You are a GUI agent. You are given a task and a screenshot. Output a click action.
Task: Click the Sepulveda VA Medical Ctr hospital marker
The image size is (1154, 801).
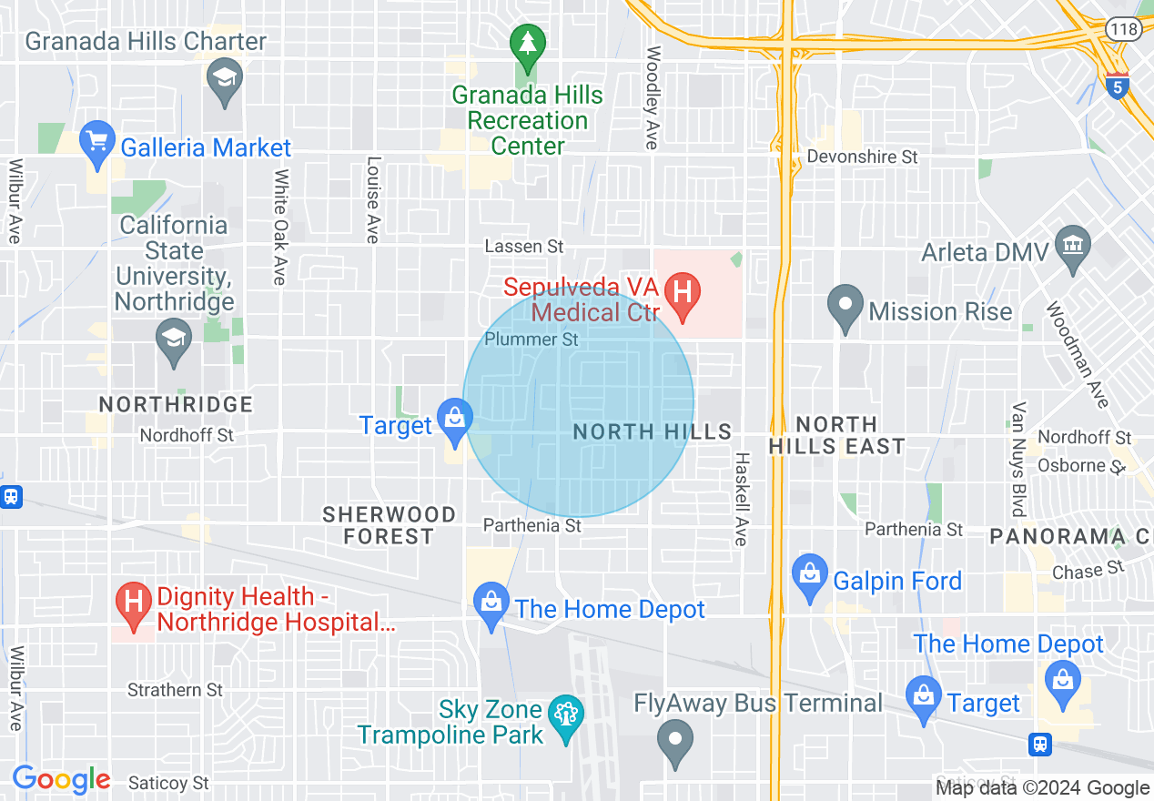682,294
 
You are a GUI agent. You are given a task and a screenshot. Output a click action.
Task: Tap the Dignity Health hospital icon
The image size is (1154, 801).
135,603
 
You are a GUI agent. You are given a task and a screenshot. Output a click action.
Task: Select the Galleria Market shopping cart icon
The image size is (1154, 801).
98,142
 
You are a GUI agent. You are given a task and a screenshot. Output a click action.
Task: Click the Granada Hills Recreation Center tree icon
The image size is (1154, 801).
527,42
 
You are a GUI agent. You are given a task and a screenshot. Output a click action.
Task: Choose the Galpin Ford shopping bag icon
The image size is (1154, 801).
809,574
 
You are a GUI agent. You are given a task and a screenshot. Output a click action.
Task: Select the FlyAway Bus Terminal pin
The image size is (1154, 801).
675,739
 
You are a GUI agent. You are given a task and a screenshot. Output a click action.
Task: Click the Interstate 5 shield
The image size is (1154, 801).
1118,86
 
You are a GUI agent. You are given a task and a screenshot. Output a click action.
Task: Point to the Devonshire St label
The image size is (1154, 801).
862,157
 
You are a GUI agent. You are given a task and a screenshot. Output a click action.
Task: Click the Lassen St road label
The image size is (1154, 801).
524,247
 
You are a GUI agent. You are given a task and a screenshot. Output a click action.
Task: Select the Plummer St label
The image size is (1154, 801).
531,340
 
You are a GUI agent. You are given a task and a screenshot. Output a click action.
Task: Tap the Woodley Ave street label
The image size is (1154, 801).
653,97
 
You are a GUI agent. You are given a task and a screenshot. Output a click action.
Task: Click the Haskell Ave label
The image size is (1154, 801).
742,499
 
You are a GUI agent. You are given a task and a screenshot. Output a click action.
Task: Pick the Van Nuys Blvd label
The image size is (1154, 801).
1018,459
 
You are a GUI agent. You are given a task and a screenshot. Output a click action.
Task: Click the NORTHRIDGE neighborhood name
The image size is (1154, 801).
176,403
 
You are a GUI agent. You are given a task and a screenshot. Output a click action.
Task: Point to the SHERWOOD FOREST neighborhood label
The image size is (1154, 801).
390,525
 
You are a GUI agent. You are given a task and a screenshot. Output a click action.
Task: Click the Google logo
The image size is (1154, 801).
61,779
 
